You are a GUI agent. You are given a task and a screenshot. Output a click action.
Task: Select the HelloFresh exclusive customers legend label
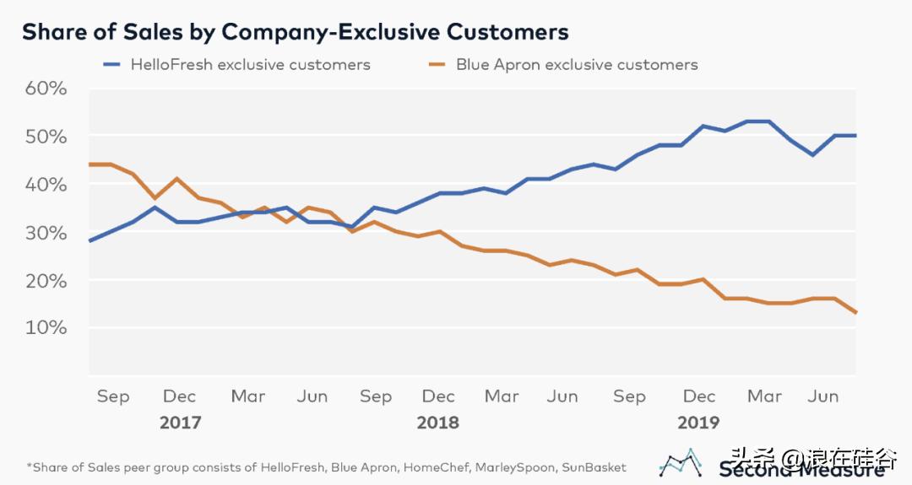point(250,64)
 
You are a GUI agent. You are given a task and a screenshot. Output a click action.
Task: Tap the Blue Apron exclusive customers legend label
point(577,64)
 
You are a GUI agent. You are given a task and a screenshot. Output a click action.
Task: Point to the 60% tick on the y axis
point(45,89)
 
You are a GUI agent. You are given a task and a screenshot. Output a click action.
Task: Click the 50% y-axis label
point(45,137)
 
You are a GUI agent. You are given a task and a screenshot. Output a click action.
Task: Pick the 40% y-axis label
point(45,184)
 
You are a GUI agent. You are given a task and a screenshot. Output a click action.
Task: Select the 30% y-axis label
point(45,232)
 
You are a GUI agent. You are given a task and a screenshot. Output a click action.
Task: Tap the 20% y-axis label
point(45,280)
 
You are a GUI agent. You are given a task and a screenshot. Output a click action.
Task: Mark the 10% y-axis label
point(45,327)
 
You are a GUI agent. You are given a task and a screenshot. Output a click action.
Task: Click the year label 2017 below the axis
point(181,422)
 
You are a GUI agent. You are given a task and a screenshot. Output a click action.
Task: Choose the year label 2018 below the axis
point(437,422)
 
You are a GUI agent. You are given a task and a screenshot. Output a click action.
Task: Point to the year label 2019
point(698,422)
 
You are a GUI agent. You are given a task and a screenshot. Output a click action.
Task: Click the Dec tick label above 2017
point(179,396)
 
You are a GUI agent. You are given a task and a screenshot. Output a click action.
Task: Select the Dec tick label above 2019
point(699,396)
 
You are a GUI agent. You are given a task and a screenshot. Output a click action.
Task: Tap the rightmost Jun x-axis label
point(823,396)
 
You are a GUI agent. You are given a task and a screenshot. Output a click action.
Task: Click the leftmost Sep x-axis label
point(112,396)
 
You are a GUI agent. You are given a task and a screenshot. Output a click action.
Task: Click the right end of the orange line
point(855,312)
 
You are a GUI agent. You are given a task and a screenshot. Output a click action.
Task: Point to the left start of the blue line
point(90,240)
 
